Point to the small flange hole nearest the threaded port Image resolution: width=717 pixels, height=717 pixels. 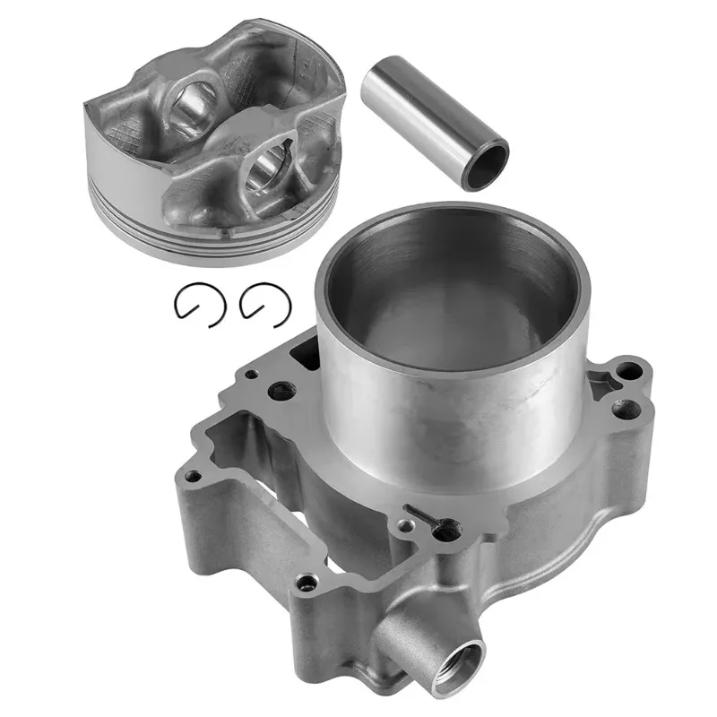pos(307,584)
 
